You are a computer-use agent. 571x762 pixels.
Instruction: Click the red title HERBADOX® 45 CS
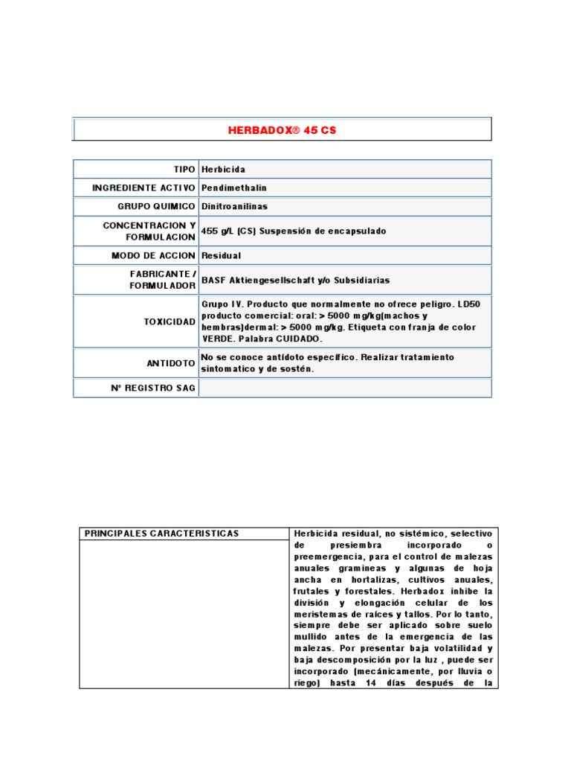[x=282, y=129]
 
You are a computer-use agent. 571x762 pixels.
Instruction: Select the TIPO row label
[x=184, y=170]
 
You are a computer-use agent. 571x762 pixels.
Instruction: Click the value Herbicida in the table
[x=223, y=170]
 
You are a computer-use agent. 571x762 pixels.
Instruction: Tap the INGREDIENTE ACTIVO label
[x=143, y=188]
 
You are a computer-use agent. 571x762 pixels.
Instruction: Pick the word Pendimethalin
[x=233, y=188]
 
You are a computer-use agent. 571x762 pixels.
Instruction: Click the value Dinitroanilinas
[x=236, y=207]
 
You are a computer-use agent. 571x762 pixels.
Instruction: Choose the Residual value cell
[x=221, y=256]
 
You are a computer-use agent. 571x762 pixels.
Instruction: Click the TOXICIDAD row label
[x=170, y=321]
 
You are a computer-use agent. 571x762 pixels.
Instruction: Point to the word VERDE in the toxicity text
[x=217, y=338]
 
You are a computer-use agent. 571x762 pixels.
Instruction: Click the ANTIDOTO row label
[x=171, y=363]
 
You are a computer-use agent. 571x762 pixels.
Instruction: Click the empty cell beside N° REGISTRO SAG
[x=344, y=388]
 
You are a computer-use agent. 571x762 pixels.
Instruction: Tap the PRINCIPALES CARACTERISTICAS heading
[x=161, y=534]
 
